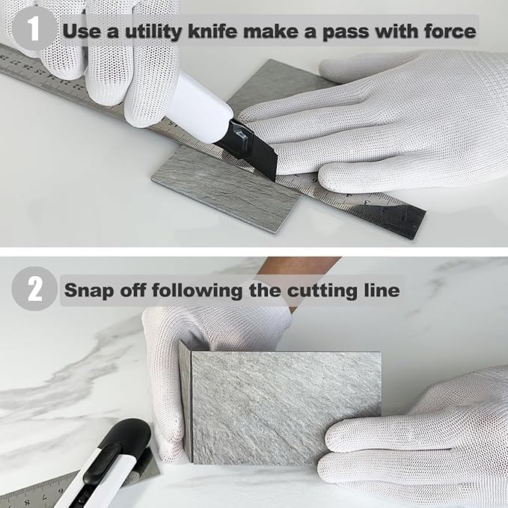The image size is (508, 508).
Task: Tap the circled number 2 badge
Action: click(34, 289)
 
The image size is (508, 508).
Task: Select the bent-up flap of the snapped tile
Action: click(186, 397)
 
